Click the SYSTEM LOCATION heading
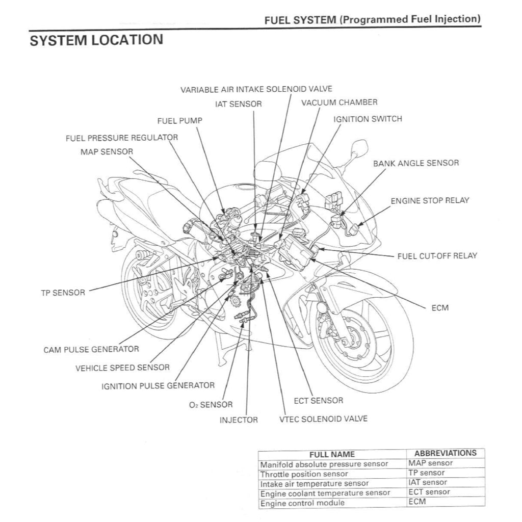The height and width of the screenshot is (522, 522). coord(96,40)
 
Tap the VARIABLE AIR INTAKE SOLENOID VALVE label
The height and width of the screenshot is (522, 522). coord(256,89)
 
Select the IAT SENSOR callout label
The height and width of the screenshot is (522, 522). coord(238,104)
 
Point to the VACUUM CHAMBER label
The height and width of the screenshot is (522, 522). coord(339,102)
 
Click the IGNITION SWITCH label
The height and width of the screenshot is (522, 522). coord(367,119)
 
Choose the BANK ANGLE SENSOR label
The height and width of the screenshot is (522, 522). coord(415,163)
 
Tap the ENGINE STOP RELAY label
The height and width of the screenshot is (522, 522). coord(430,200)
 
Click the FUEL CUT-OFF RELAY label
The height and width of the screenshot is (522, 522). coord(437,255)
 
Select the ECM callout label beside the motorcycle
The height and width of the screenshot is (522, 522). coord(439,308)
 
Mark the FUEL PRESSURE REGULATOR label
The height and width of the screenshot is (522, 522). coord(122,138)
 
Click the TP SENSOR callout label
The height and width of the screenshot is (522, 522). coord(63,293)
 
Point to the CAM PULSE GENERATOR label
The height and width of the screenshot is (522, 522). coord(91,349)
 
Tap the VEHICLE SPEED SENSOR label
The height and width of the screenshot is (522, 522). coord(122,368)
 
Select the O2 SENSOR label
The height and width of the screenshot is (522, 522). coord(211,405)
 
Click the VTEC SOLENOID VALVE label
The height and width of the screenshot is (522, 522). coord(323,419)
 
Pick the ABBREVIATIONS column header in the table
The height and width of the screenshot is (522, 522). coord(445,453)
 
